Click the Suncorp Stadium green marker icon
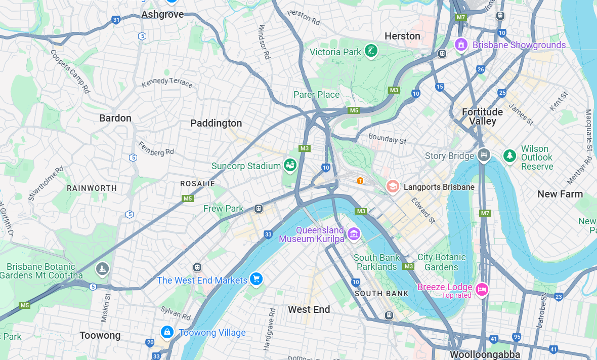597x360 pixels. click(x=290, y=165)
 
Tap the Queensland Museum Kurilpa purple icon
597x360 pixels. click(x=354, y=233)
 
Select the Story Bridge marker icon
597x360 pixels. click(x=484, y=154)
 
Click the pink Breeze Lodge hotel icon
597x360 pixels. click(x=482, y=289)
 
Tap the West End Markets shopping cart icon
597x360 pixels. click(x=256, y=278)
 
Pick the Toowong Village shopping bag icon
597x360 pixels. click(x=166, y=332)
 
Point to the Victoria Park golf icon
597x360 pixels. click(x=371, y=51)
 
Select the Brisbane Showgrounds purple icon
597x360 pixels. click(x=460, y=45)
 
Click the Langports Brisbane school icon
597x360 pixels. click(x=393, y=186)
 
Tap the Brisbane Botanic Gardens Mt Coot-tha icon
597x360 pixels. click(x=102, y=269)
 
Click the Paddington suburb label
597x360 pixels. click(x=216, y=123)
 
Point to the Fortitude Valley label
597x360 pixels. click(x=482, y=116)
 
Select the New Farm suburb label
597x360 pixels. click(x=560, y=194)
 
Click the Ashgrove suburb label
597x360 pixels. click(x=162, y=14)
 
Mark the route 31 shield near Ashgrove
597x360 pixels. click(x=116, y=20)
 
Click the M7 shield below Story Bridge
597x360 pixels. click(x=485, y=213)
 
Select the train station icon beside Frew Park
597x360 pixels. click(x=259, y=209)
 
